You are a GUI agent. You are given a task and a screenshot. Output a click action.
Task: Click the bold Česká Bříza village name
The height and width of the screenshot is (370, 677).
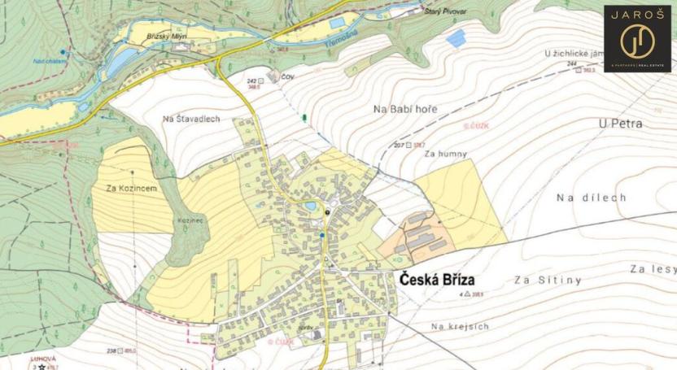443,278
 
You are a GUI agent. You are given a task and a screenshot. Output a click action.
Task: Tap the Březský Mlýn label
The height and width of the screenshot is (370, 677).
168,37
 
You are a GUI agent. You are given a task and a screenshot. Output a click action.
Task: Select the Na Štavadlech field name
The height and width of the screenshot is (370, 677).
191,119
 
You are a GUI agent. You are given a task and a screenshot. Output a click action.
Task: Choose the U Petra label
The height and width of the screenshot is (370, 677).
620,124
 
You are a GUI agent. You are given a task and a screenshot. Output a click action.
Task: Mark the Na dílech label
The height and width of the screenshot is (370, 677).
592,198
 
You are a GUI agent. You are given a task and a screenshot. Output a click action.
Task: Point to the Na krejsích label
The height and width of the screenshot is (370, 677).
460,326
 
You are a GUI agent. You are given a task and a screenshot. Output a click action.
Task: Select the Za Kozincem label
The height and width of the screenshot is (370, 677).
131,188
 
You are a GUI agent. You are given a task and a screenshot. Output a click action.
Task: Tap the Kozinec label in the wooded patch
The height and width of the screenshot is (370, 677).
187,220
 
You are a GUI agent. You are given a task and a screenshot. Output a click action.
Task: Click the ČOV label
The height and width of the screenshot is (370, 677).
286,79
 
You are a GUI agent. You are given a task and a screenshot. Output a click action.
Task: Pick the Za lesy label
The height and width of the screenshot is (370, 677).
653,268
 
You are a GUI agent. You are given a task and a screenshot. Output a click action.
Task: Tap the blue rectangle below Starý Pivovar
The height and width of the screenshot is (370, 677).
456,37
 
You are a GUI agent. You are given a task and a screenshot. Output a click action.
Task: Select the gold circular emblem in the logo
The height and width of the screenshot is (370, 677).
637,40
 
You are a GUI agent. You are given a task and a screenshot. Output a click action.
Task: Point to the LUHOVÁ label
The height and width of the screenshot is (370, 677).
42,358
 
